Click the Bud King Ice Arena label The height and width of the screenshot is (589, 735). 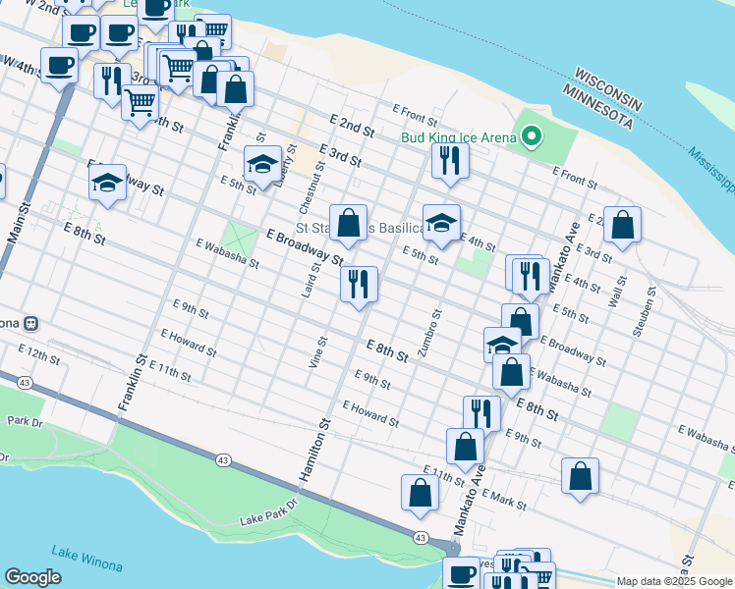(458, 137)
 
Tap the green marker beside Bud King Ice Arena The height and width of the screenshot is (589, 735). (532, 137)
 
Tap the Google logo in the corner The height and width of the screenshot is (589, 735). (32, 577)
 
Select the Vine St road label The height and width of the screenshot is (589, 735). (317, 352)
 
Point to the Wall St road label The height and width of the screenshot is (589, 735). (619, 292)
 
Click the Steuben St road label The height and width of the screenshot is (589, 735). (649, 311)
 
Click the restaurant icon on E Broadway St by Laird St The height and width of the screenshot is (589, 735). (360, 284)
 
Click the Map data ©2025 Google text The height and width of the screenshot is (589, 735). (674, 581)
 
